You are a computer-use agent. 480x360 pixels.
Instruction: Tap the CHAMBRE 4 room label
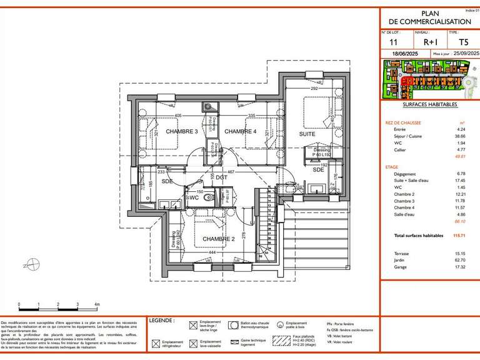coord(241,131)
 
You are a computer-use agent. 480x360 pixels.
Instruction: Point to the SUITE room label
coord(306,134)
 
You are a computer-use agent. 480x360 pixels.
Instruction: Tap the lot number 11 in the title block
coord(393,42)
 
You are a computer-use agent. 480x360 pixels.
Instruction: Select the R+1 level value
coord(431,42)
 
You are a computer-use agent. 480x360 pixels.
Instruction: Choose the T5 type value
coord(463,42)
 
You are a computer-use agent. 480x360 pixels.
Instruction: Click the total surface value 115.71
coord(459,236)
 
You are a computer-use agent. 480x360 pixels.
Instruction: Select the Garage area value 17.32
coord(460,267)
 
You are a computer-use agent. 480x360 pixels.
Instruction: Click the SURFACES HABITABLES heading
coord(429,105)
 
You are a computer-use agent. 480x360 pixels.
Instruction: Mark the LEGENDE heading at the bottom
coord(161,320)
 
